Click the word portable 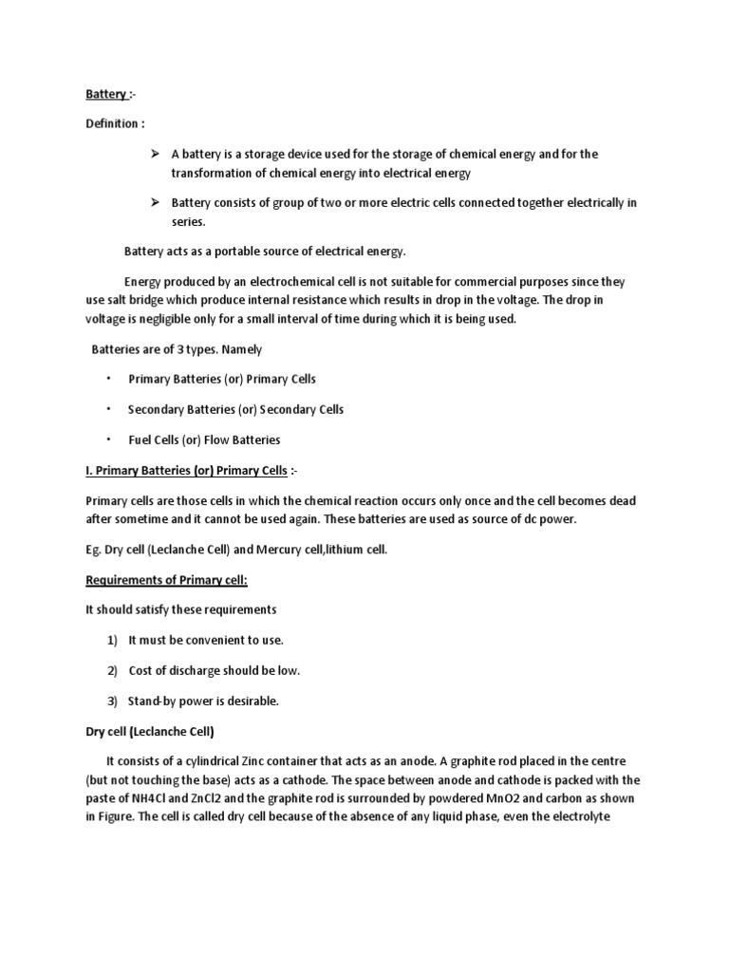[x=233, y=252]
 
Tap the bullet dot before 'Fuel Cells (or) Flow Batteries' [x=108, y=439]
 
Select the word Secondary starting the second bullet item [x=154, y=409]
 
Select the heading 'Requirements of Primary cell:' [x=159, y=580]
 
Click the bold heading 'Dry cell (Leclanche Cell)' [x=150, y=732]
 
